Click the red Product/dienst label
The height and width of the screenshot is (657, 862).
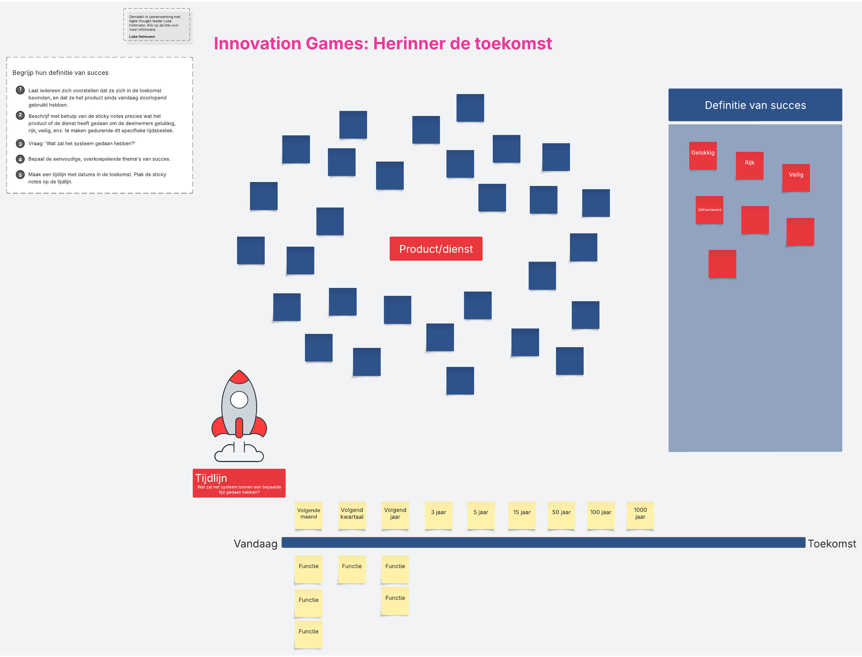click(436, 249)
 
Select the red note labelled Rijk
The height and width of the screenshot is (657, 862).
click(749, 166)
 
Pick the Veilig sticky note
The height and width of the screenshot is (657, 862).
click(796, 178)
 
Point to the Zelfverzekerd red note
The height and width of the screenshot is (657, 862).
click(709, 210)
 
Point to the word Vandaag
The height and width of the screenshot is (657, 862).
click(255, 544)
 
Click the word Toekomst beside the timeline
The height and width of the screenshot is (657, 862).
click(831, 544)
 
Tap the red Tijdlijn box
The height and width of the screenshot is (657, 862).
click(239, 483)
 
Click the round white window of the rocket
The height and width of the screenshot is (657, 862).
click(239, 400)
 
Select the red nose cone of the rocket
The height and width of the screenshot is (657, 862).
click(239, 377)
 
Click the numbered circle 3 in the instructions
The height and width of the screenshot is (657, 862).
click(20, 144)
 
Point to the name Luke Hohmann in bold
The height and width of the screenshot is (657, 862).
click(142, 37)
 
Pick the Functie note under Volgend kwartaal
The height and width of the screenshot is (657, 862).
click(351, 569)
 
